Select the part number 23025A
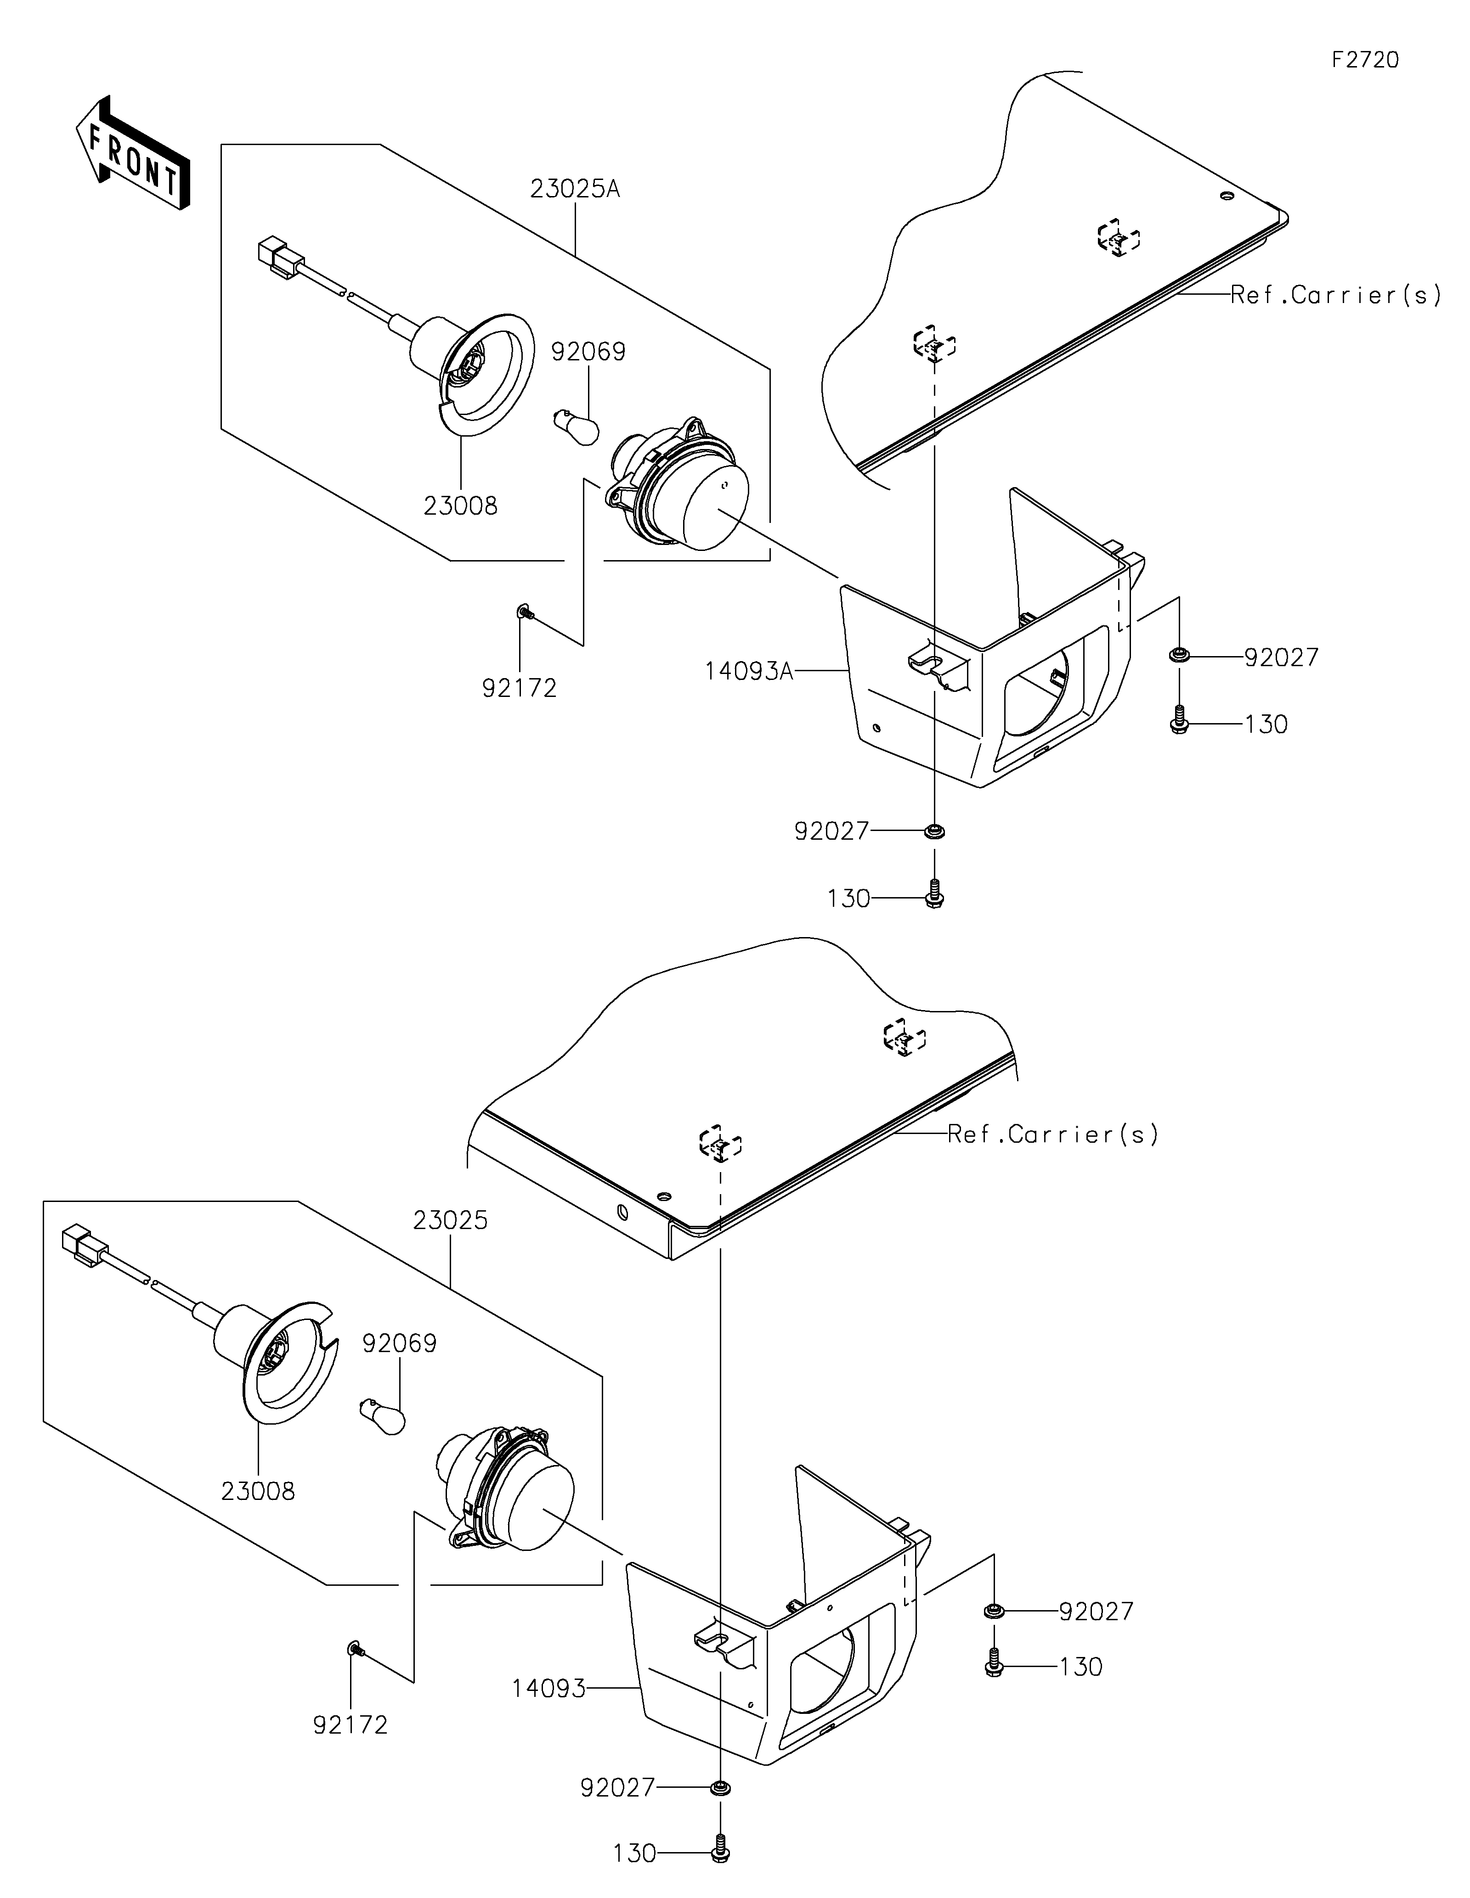tap(575, 189)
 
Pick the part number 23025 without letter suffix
tap(450, 1220)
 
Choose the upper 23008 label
tap(461, 506)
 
